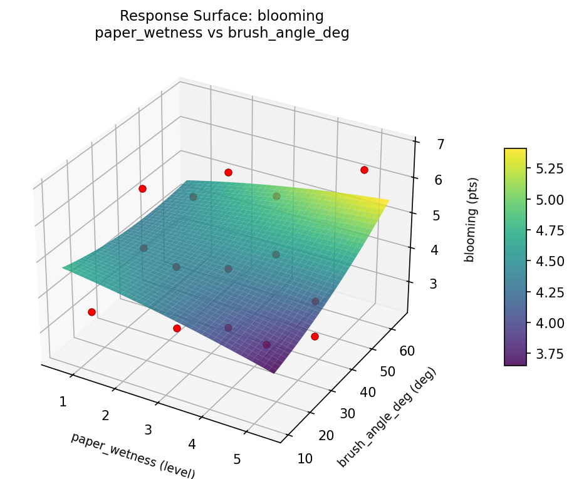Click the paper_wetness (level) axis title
click(x=133, y=456)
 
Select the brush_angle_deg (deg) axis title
click(x=387, y=417)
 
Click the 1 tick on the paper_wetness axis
click(x=63, y=401)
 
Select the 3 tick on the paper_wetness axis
click(x=149, y=430)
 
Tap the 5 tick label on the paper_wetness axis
click(x=237, y=459)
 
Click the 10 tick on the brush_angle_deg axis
click(x=305, y=459)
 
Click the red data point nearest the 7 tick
click(x=364, y=170)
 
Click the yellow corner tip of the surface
click(x=388, y=200)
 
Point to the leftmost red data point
click(x=91, y=312)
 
